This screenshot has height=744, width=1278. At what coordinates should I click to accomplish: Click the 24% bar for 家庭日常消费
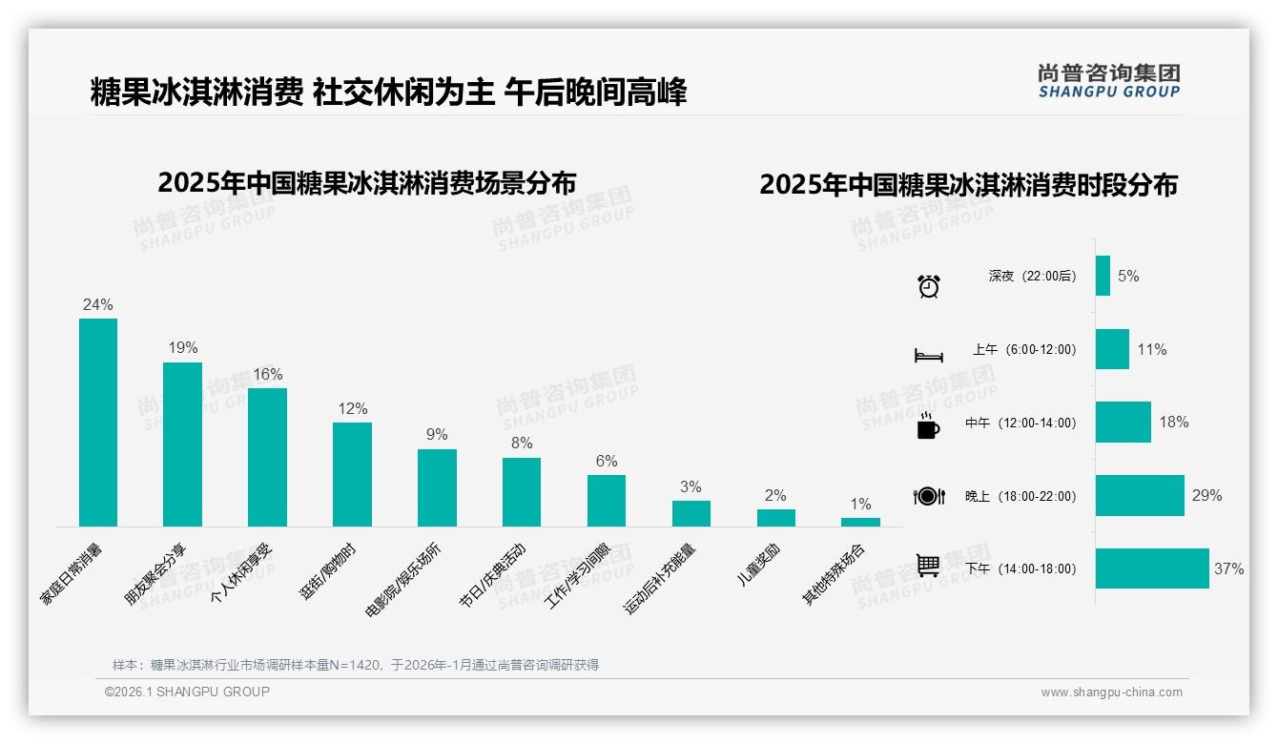coord(97,423)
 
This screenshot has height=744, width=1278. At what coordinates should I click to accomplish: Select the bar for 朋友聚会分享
coord(182,444)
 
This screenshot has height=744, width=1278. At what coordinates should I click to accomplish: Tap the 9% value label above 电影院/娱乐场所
coord(437,435)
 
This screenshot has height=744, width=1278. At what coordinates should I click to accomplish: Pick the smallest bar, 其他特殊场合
coord(860,522)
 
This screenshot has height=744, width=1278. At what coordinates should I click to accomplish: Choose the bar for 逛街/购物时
coord(352,474)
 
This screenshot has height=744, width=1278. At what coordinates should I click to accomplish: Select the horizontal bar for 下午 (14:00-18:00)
coord(1152,568)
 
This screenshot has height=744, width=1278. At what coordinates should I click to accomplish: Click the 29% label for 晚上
coord(1206,496)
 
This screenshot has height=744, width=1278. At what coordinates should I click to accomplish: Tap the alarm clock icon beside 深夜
coord(929,286)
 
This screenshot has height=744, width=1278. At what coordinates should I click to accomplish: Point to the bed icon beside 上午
coord(929,356)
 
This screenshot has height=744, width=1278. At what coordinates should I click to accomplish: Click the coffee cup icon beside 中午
coord(928,426)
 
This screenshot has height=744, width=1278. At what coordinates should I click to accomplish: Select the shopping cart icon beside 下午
coord(929,566)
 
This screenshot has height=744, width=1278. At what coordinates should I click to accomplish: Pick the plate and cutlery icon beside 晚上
coord(929,496)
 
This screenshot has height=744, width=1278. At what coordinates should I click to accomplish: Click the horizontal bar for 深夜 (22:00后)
coord(1103,276)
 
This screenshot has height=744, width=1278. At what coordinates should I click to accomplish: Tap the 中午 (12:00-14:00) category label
coord(1020,423)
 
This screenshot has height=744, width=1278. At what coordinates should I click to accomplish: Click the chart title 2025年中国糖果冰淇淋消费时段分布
coord(968,185)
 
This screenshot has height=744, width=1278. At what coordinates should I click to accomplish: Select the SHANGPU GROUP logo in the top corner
coord(1108,81)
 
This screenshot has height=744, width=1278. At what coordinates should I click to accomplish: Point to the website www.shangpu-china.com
coord(1111,692)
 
